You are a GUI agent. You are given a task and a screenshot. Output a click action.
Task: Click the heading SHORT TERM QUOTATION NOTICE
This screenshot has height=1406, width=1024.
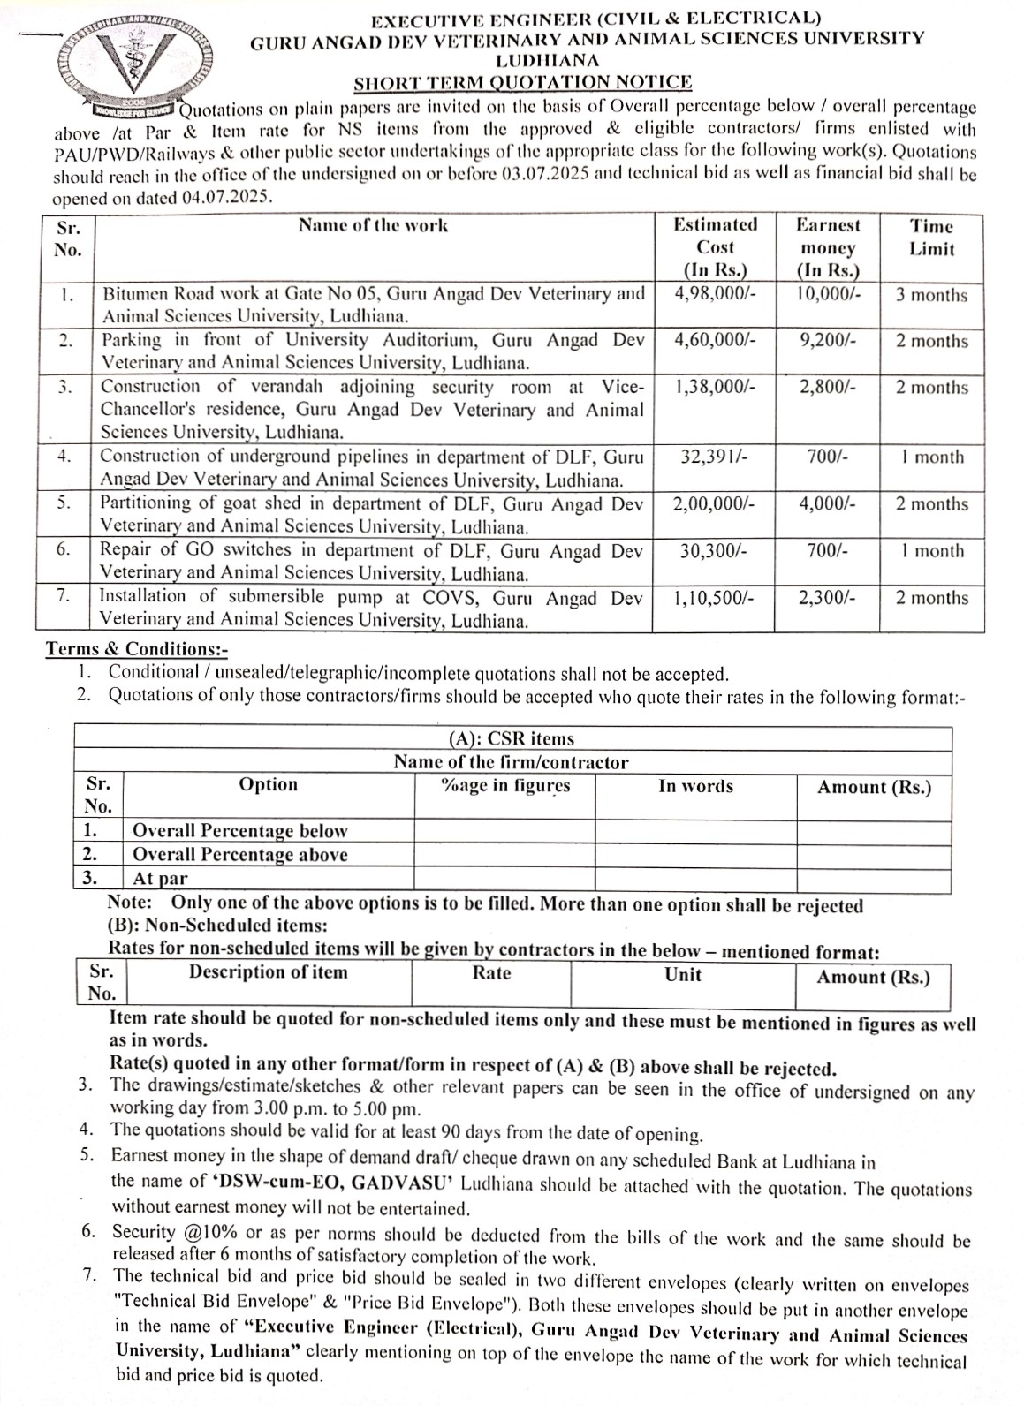coord(522,83)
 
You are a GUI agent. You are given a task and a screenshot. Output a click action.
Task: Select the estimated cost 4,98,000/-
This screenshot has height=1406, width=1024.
coord(715,294)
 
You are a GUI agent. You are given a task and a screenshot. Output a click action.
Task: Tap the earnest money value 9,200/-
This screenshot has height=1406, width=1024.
coord(827,340)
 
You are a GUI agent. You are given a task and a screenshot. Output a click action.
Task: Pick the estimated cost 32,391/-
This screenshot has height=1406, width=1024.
coord(715,457)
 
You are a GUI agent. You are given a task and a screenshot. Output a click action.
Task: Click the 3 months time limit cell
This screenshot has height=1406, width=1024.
coord(931,295)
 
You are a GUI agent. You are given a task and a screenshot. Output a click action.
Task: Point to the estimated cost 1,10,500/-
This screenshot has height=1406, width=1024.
coord(714,598)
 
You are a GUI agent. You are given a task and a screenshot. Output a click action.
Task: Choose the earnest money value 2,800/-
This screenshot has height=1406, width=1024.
coord(827,387)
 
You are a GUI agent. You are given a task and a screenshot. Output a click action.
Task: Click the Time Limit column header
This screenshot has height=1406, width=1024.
coord(931,237)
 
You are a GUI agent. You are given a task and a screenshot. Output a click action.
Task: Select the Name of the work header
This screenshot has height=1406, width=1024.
coord(373,225)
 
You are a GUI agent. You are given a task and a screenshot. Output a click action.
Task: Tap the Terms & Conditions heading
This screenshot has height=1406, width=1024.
coord(136,650)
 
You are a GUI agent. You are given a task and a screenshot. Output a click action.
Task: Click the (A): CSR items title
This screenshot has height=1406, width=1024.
coord(512,739)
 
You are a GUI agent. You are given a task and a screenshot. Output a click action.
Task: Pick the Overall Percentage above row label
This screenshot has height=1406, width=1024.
coord(239,854)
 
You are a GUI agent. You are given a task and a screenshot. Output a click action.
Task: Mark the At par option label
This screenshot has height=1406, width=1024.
coord(160,878)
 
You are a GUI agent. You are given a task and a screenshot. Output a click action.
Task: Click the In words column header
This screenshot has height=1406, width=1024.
coord(695,786)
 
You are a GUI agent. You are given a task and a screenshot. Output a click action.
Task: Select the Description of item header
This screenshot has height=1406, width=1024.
coord(268,972)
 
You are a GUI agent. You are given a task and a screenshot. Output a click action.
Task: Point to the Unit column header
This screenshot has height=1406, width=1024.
coord(683,974)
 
